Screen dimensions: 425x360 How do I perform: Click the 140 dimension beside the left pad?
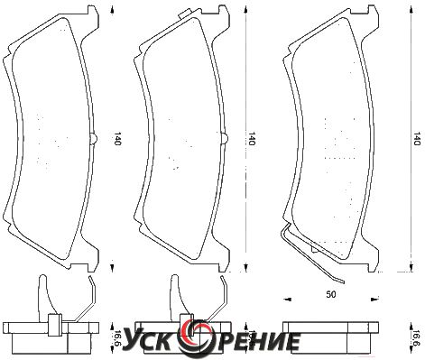116,139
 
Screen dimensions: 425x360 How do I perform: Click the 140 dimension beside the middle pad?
251,139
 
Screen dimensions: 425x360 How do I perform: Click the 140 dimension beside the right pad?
416,139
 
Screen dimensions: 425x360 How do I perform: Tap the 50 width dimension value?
331,294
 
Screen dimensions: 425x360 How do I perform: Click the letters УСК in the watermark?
152,339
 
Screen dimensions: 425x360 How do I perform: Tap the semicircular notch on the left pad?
94,139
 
